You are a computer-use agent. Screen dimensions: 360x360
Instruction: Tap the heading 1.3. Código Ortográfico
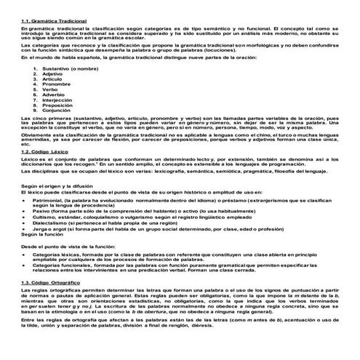(x=53, y=281)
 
